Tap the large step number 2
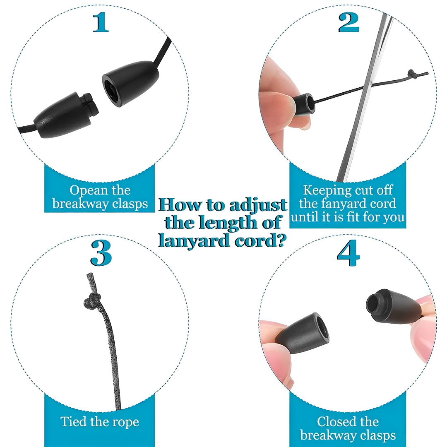point(348,22)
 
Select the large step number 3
point(101,253)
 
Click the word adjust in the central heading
point(258,205)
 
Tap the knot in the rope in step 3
point(92,301)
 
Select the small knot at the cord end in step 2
point(411,74)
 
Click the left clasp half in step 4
point(302,332)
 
